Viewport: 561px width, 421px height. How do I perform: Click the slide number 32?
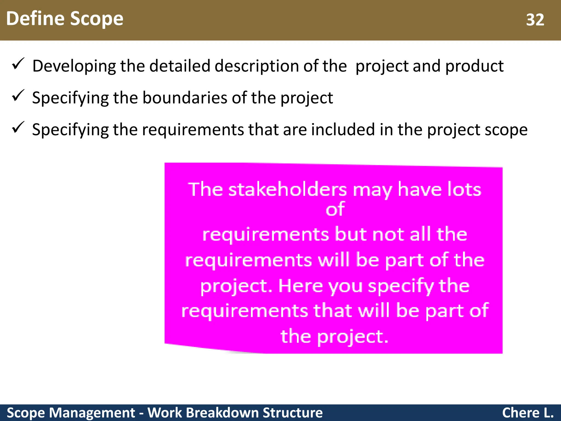pos(535,20)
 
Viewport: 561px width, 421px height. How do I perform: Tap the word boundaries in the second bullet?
pos(185,98)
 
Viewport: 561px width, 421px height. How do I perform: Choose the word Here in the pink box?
pos(300,286)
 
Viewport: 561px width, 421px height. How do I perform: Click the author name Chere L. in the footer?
pos(528,413)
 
